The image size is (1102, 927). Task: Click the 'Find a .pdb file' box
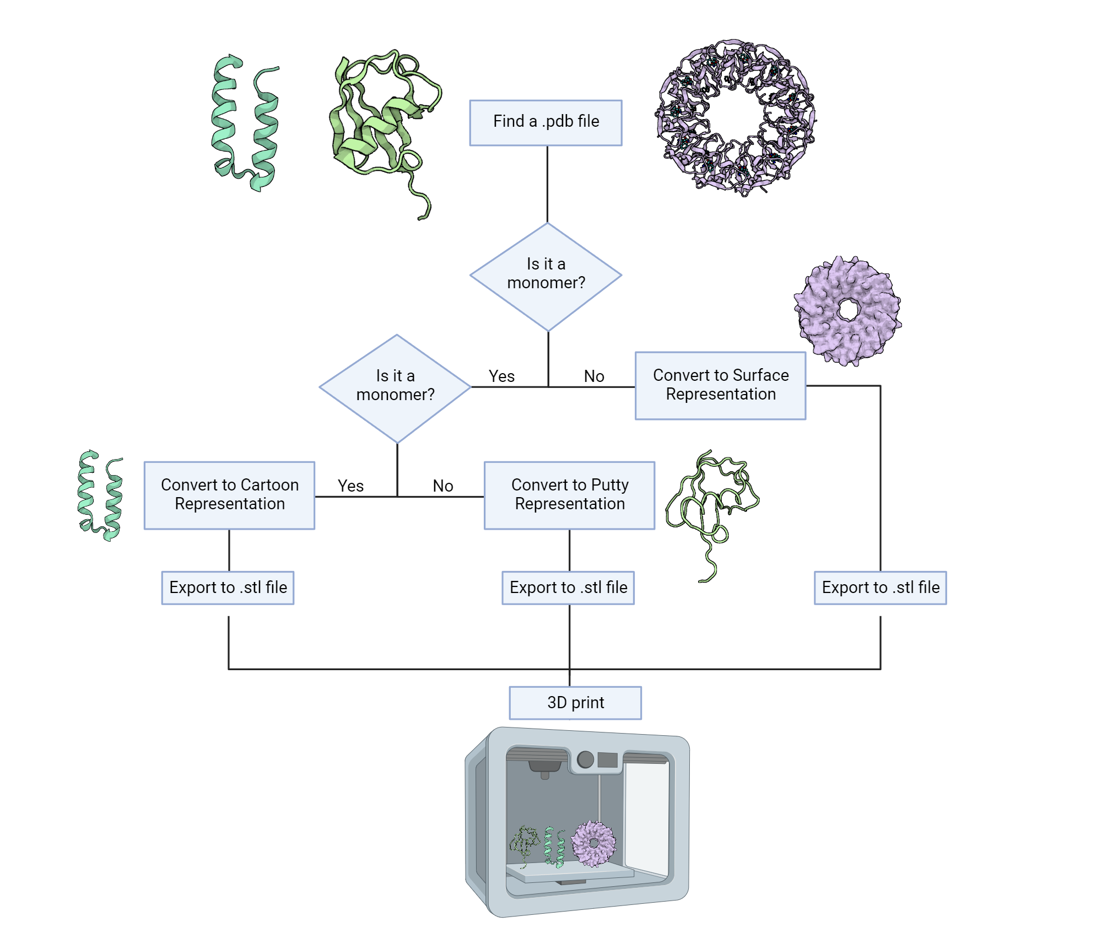coord(545,122)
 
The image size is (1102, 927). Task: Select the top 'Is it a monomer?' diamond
coord(545,276)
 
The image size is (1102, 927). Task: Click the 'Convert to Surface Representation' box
coord(720,385)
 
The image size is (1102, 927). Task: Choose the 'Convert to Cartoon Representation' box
coord(229,495)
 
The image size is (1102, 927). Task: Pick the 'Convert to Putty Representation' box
coord(569,495)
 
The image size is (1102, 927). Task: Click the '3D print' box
coord(575,703)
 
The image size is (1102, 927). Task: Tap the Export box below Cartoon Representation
coord(228,588)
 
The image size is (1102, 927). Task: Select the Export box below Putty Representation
coord(568,588)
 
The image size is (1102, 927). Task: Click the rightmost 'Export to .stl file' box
coord(880,588)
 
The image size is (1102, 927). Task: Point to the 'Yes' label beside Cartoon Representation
coord(350,486)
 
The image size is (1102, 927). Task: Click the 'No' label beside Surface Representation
coord(594,376)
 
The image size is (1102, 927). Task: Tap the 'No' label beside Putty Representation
coord(442,486)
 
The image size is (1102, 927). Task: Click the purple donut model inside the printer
coord(593,844)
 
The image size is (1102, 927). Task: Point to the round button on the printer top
coord(585,759)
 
